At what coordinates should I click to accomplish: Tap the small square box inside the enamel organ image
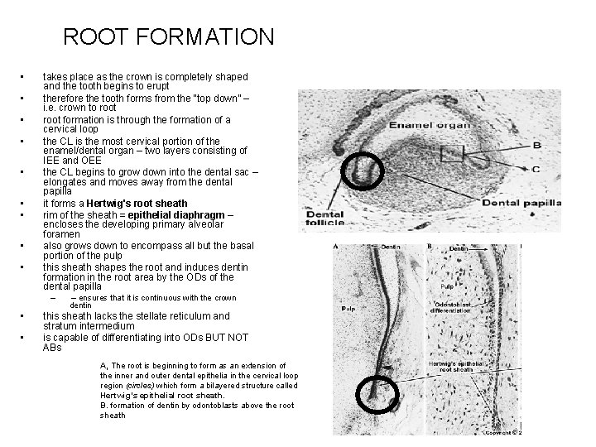452,153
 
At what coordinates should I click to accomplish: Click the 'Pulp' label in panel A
347,308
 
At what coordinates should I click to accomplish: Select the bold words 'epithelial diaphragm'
173,217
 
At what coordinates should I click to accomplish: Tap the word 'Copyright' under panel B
502,430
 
